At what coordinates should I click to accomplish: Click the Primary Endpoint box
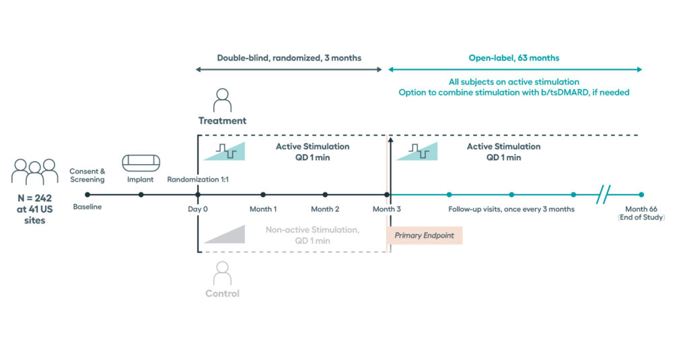coord(425,235)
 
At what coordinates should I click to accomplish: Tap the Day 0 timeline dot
coord(198,195)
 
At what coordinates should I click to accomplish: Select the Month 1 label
coord(263,209)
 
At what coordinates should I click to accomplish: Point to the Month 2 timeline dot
coord(325,195)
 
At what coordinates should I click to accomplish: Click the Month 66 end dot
coord(641,195)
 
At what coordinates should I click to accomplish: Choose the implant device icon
coord(141,164)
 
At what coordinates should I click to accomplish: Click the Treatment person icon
coord(221,101)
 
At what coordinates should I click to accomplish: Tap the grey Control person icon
coord(221,273)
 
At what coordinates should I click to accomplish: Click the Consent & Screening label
coord(87,176)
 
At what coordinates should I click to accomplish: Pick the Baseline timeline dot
coord(87,195)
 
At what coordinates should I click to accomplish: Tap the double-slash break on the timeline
coord(604,195)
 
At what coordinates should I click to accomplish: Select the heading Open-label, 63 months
coord(514,58)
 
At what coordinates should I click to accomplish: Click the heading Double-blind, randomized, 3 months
coord(289,58)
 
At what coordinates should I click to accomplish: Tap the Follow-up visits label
coord(511,209)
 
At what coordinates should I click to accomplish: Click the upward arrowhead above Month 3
coord(390,140)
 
